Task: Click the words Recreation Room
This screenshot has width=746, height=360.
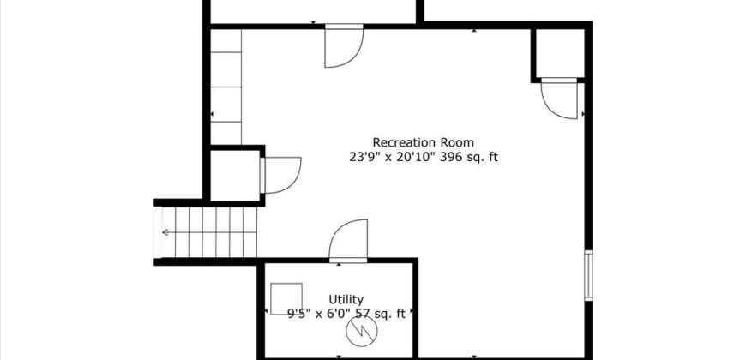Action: (423, 142)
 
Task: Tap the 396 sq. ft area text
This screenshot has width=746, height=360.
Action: (469, 157)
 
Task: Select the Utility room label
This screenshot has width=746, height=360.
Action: (346, 300)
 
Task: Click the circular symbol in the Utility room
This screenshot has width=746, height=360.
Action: (362, 331)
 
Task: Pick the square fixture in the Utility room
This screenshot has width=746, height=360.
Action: (286, 298)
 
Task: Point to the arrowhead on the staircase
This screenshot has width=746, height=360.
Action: (165, 232)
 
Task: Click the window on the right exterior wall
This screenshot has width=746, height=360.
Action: (588, 275)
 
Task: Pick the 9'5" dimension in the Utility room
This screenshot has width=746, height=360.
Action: (299, 314)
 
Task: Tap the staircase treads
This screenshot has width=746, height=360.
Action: (209, 232)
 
